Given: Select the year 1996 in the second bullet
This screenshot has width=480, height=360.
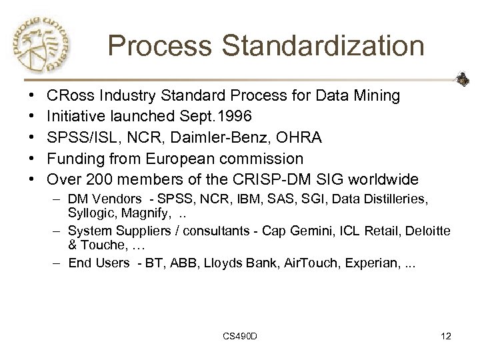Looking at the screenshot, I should [x=233, y=116].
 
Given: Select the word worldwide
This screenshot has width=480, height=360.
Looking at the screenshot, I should [x=379, y=180].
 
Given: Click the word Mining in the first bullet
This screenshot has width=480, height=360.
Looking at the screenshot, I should [x=375, y=95].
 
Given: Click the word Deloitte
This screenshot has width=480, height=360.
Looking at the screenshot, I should [x=426, y=231].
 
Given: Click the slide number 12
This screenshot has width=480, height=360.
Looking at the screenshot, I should [x=446, y=336].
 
